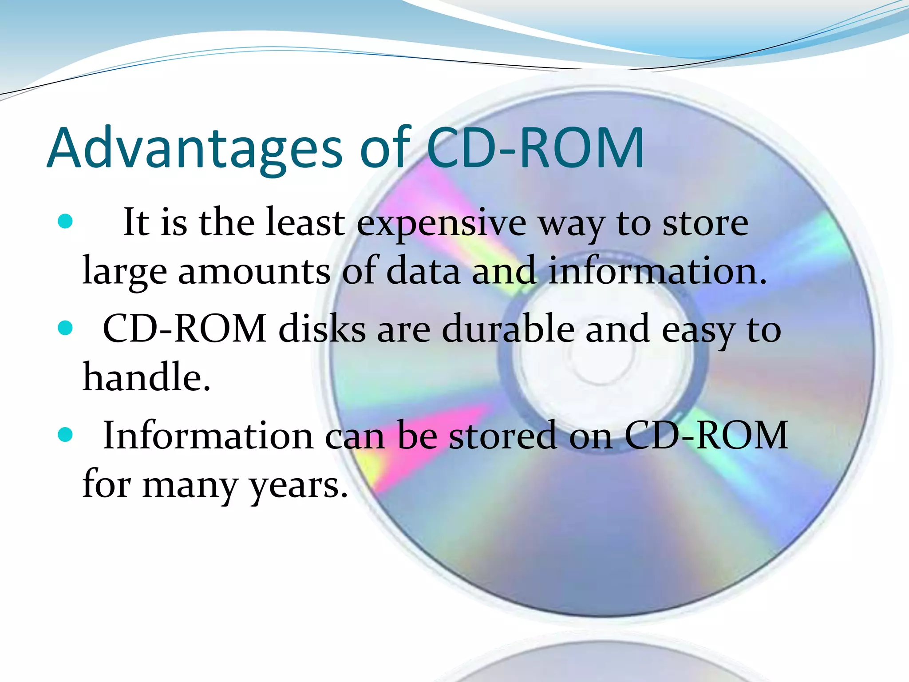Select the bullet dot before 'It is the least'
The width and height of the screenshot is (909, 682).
coord(65,221)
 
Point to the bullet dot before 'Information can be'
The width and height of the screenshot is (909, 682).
coord(65,435)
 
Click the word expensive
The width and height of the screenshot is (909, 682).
coord(442,223)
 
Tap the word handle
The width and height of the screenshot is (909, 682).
coord(146,377)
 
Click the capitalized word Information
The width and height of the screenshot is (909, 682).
coord(208,436)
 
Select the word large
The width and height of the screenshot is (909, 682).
coord(125,272)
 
